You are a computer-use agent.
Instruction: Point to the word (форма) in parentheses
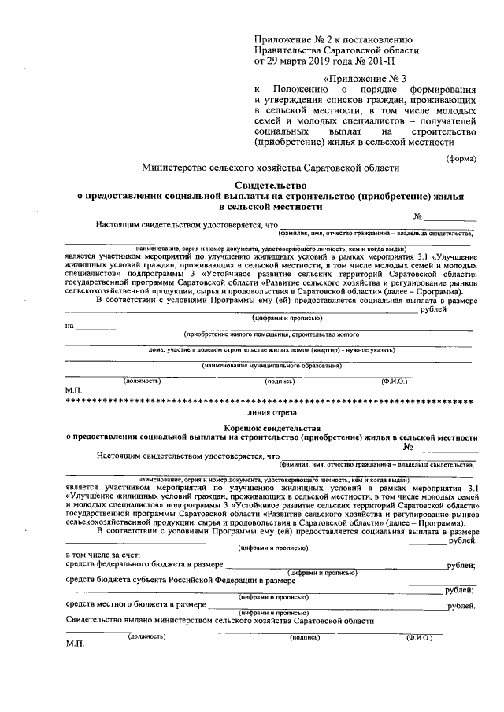pyautogui.click(x=460, y=156)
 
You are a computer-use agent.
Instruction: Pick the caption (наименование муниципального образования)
pyautogui.click(x=271, y=365)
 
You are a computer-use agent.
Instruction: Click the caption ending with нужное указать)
pyautogui.click(x=271, y=349)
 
